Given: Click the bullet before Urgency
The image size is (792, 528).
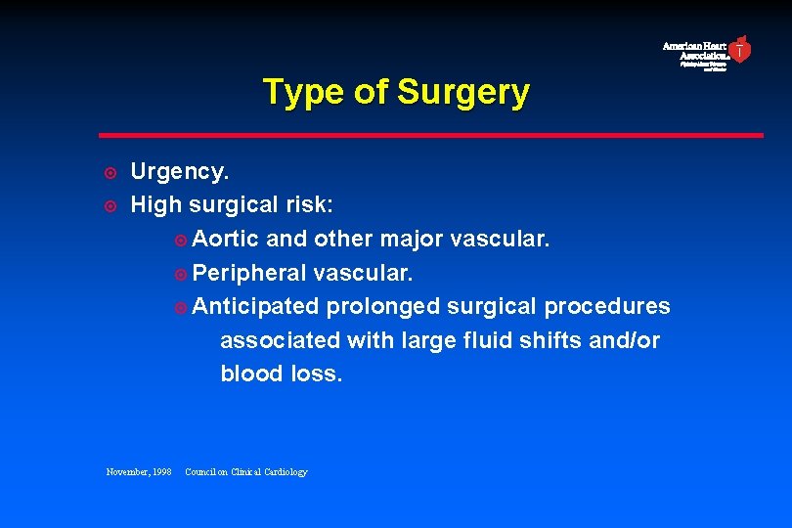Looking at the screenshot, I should [111, 173].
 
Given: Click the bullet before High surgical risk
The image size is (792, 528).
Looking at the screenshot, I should [111, 206].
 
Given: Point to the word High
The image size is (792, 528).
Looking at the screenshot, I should [156, 205].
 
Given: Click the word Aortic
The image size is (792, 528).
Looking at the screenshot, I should [226, 239].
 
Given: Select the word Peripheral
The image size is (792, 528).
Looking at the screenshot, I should [248, 273].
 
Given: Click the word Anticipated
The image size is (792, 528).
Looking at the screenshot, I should [256, 306].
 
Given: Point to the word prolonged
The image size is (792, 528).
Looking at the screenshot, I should [383, 306].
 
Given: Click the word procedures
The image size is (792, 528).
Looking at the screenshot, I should [607, 306].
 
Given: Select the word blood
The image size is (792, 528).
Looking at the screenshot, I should [247, 374].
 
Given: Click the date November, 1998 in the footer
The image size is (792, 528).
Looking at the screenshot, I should [139, 472].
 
